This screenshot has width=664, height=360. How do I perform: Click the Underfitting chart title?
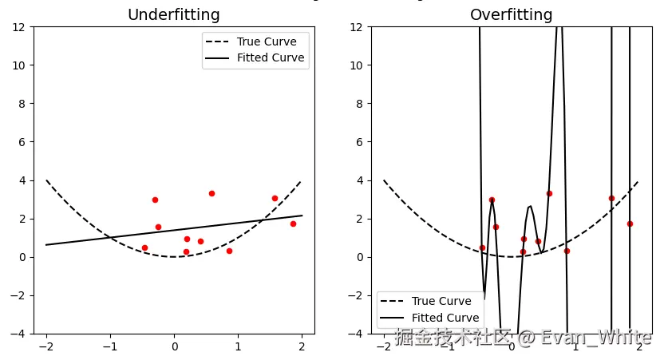point(174,15)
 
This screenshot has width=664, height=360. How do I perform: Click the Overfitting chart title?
point(511,15)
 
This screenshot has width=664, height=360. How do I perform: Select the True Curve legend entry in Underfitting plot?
point(266,42)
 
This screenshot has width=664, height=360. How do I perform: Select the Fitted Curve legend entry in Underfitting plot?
point(270,57)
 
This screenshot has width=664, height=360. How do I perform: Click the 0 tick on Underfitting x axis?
point(174,347)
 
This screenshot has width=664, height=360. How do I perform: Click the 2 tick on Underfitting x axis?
point(302,347)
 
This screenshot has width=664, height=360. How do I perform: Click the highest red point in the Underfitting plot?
point(211,193)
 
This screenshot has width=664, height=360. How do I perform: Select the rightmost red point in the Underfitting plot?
point(293,224)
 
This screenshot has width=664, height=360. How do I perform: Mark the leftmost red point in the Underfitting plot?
point(144,247)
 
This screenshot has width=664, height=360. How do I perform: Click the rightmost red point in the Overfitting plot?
point(630,224)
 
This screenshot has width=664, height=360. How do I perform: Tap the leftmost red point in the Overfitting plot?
point(482,247)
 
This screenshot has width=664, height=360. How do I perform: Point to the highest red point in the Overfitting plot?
point(549,193)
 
